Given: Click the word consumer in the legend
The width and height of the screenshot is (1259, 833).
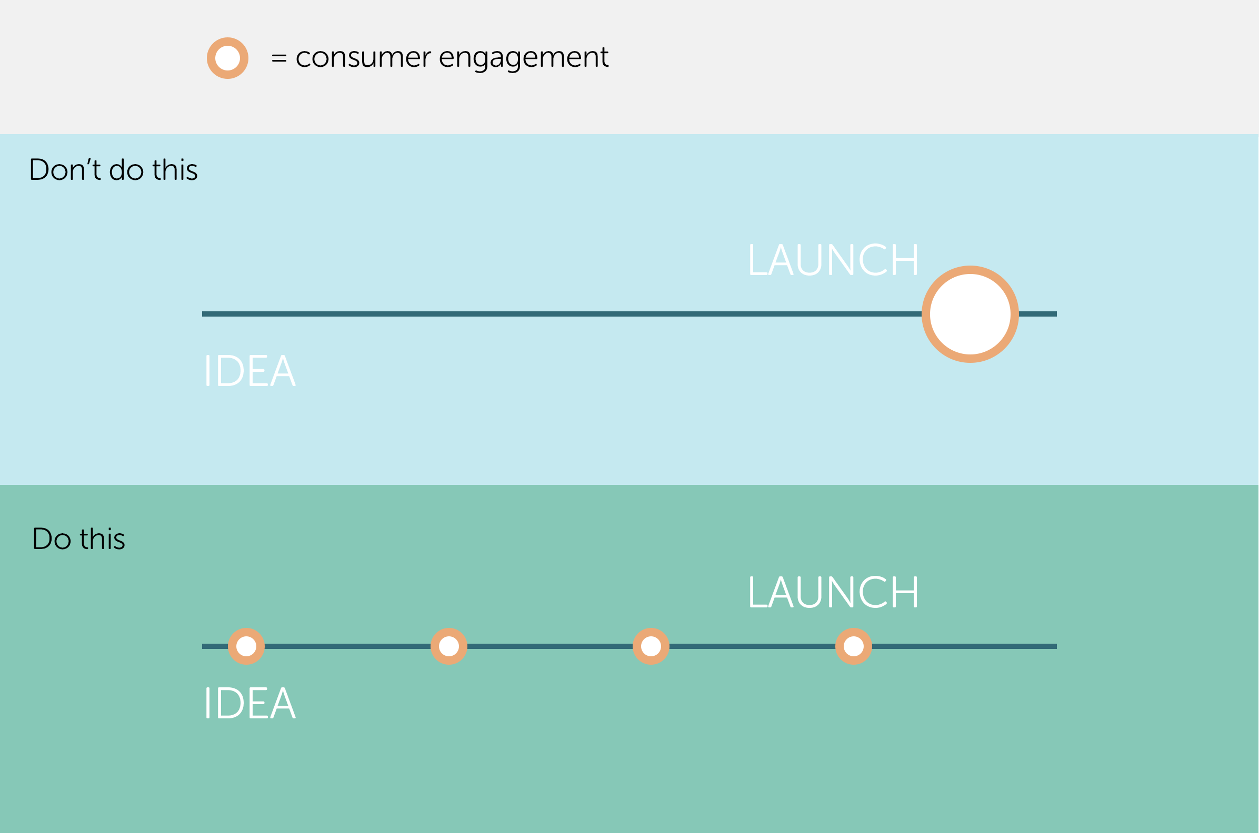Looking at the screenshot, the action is pos(363,58).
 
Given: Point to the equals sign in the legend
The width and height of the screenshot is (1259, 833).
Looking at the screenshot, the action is pos(279,58).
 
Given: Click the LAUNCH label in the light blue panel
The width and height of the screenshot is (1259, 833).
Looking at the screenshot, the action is pos(833,260).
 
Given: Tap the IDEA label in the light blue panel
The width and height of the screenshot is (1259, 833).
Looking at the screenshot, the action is pos(250,370).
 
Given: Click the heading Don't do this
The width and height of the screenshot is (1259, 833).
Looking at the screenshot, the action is pos(113,170).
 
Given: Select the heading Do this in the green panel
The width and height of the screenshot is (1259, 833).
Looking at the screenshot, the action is pos(79,539).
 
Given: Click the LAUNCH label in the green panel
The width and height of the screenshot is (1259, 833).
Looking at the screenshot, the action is pos(833,592).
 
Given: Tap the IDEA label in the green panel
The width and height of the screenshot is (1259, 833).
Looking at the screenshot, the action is pos(250,703).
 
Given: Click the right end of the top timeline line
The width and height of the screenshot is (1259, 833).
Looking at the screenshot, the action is pos(1056,314).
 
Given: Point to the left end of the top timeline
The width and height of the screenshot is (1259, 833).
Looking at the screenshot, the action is pos(203,314).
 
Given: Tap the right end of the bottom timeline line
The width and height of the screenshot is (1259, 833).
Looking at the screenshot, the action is pos(1056,646).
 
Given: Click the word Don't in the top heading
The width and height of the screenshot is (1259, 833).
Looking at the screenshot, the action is pos(65,170).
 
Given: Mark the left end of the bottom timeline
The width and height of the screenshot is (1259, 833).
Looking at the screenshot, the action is pos(203,646).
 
